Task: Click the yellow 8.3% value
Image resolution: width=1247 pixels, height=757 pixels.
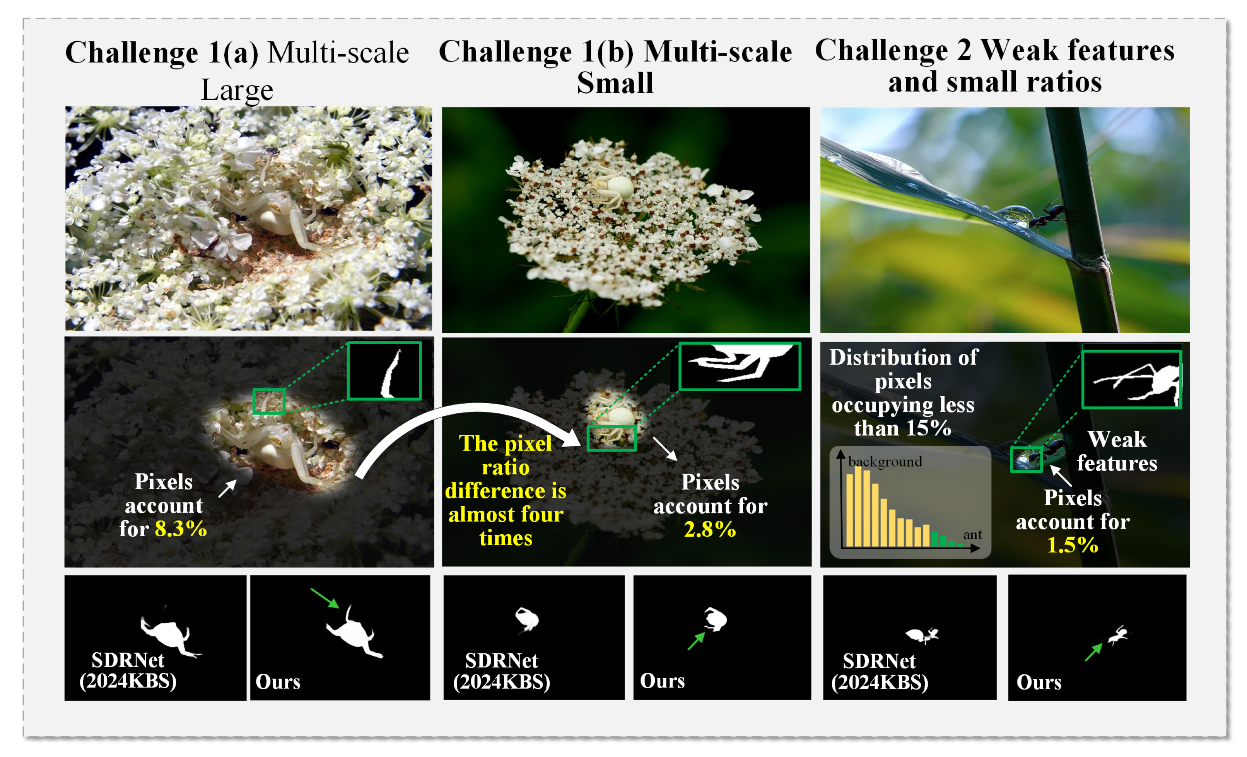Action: tap(181, 529)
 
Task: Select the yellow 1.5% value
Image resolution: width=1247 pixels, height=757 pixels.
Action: tap(1073, 546)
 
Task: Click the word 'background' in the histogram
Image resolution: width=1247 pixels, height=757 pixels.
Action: tap(885, 462)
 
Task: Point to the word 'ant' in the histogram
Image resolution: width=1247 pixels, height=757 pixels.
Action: tap(972, 535)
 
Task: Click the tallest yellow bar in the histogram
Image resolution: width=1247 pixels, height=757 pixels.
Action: tap(858, 506)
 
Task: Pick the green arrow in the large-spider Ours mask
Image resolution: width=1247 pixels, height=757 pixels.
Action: tap(325, 598)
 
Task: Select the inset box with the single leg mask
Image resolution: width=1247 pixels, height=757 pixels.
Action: tap(384, 371)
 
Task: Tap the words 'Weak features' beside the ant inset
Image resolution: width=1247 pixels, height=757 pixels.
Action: tap(1117, 451)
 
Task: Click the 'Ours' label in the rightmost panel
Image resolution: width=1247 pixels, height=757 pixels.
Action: tap(1039, 682)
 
